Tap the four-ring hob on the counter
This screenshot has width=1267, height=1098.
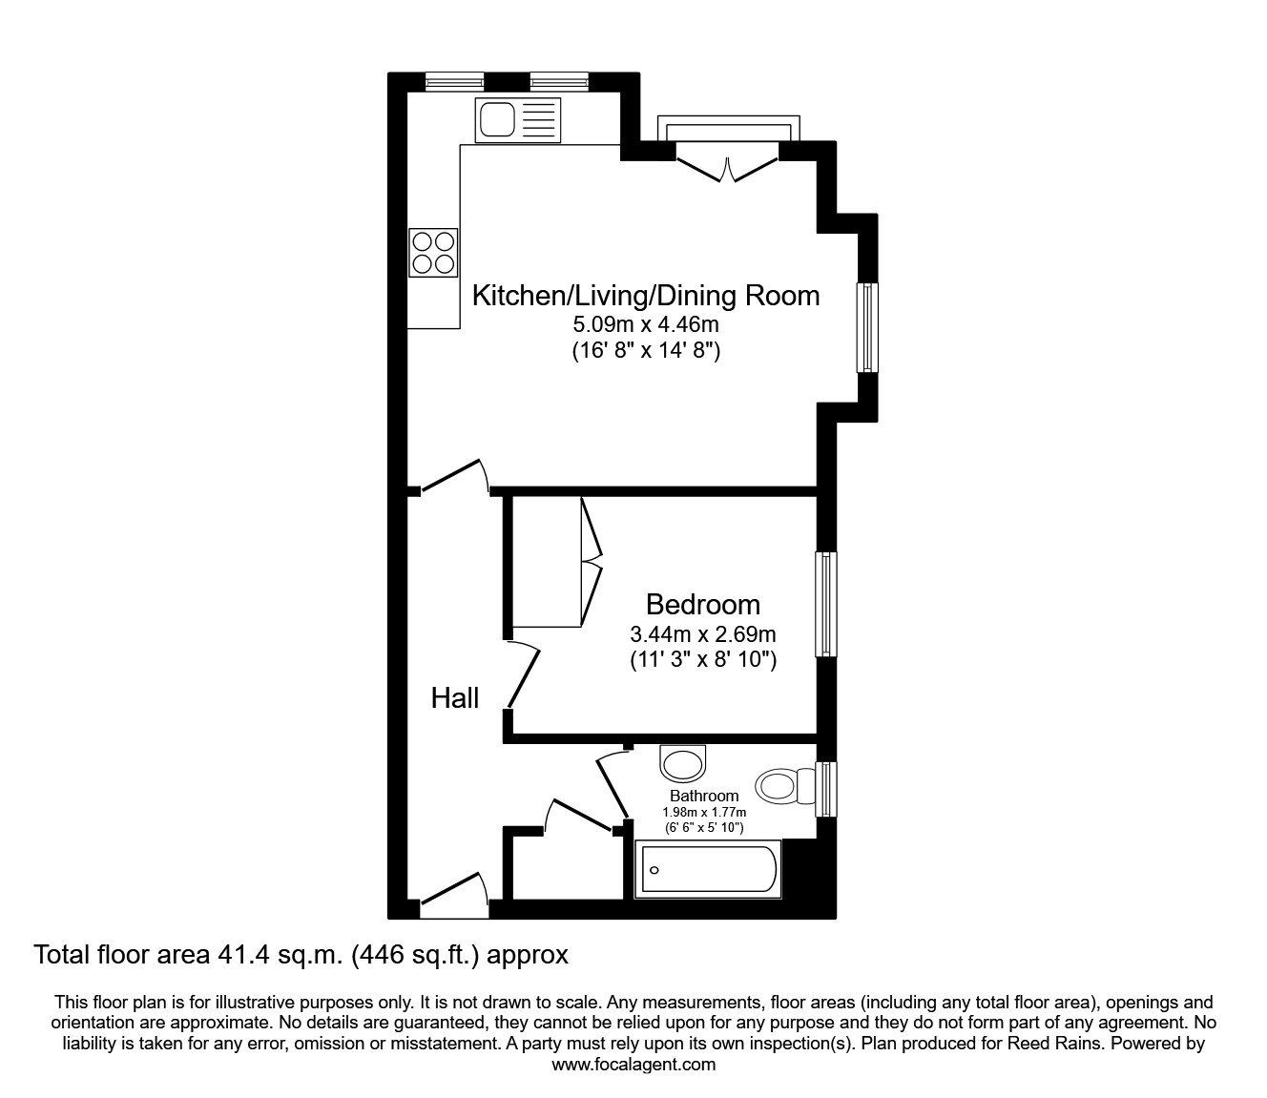433,252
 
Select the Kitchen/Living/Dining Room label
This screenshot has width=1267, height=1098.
646,296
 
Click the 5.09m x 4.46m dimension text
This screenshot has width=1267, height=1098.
646,325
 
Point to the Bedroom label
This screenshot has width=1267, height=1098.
702,604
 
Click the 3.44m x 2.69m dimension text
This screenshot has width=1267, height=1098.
702,633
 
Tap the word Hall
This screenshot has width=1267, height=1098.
455,698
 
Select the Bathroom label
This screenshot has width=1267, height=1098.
704,796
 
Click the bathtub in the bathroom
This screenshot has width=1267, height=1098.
708,870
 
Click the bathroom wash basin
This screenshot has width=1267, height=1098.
684,764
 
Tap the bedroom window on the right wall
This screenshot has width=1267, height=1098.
825,604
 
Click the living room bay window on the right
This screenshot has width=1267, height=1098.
866,327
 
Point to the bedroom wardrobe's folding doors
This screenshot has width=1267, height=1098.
592,563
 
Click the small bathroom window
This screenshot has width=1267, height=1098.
827,788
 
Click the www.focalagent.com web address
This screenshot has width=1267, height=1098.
633,1065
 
